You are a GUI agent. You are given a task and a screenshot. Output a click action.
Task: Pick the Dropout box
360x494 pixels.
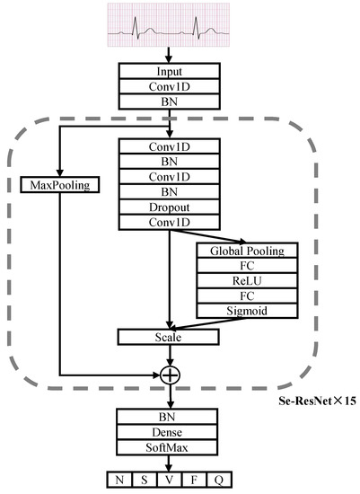[170, 206]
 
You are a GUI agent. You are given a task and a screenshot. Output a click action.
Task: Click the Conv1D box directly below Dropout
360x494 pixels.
[170, 222]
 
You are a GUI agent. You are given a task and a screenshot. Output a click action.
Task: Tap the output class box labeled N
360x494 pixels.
[119, 481]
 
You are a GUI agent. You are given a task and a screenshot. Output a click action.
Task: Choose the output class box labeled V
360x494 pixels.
[168, 481]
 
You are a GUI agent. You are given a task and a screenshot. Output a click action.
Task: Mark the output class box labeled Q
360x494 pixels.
[218, 481]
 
